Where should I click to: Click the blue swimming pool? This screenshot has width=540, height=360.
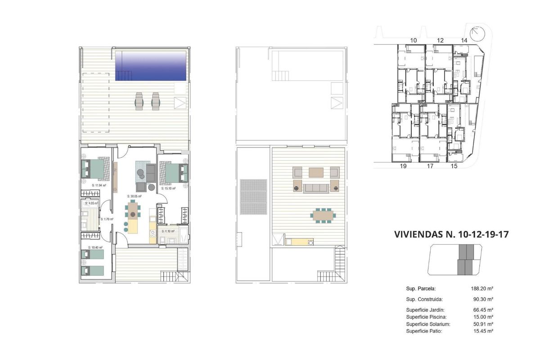tap(151, 66)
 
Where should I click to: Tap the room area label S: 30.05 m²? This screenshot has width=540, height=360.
tap(135, 196)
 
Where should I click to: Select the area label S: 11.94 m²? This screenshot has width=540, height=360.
tap(99, 185)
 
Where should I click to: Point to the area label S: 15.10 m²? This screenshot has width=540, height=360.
tap(167, 189)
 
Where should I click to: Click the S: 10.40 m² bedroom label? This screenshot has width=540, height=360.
tap(95, 247)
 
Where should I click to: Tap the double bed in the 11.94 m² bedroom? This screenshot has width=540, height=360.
tap(93, 170)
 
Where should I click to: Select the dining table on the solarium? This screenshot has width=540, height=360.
tap(322, 215)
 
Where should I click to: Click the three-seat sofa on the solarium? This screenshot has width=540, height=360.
tap(316, 188)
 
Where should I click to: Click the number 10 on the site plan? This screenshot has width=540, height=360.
tap(414, 40)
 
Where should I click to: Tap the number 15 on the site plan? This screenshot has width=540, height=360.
tap(454, 166)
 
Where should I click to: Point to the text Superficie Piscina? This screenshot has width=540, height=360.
tap(426, 317)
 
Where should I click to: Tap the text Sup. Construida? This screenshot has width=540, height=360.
tap(424, 299)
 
